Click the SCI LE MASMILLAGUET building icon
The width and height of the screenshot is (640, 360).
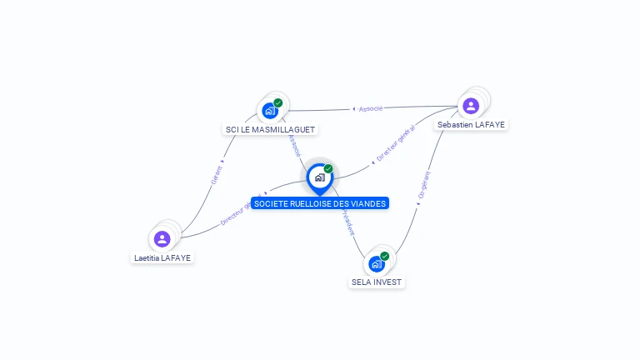269,110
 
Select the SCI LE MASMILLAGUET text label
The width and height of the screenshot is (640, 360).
272,129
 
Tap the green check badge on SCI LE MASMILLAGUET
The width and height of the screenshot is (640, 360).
278,102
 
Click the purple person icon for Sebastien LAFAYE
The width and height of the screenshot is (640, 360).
470,106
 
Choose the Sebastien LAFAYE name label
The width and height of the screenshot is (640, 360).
471,124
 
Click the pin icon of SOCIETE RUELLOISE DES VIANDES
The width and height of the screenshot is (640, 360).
319,177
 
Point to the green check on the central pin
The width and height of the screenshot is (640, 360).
328,168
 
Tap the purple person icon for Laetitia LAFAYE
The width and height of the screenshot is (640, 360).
162,239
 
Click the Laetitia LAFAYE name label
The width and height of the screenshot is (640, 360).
162,257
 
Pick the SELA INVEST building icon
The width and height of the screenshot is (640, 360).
376,264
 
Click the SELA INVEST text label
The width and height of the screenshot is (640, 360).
377,282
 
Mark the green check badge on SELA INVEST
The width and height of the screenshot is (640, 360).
385,256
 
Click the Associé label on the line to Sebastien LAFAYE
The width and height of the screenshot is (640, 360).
369,109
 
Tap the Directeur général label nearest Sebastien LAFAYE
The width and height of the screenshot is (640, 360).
395,143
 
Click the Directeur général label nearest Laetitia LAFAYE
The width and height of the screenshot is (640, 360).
241,212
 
